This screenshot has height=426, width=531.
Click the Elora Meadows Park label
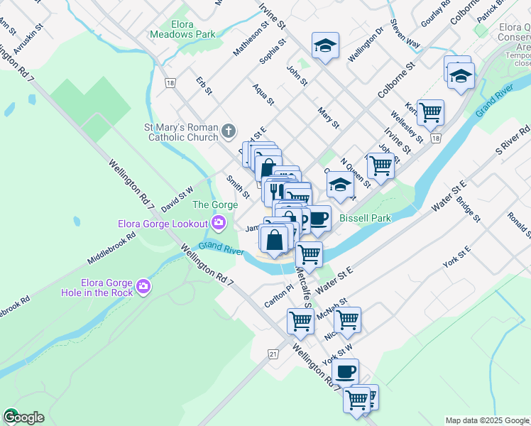click(182, 28)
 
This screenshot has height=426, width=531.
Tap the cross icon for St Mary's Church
click(228, 131)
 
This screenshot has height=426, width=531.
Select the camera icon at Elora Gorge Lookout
click(218, 224)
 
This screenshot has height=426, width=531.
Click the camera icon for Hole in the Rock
click(144, 285)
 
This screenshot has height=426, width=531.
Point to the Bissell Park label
click(365, 218)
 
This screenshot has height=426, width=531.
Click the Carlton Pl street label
click(279, 292)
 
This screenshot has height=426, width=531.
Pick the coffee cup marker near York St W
click(346, 371)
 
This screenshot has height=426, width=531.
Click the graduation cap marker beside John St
click(325, 46)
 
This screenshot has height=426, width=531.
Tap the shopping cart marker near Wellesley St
click(430, 111)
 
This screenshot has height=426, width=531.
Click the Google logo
click(23, 417)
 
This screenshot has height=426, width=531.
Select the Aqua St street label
click(263, 95)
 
